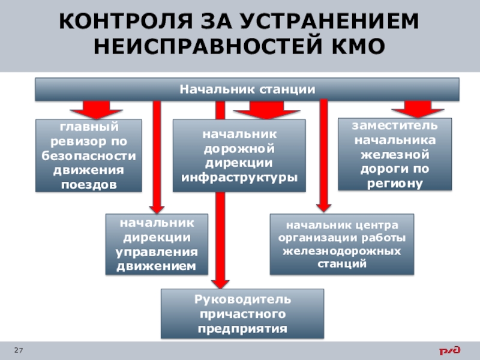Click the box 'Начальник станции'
247,89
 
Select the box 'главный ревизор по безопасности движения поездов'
89,155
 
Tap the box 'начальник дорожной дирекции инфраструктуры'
239,155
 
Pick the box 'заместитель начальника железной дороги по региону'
394,154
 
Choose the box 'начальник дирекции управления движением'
157,244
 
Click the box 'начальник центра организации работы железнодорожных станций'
341,244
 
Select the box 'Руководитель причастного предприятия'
242,314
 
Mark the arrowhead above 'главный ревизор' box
96,113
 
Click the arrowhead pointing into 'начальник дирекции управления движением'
157,207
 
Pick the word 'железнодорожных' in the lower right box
341,251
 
